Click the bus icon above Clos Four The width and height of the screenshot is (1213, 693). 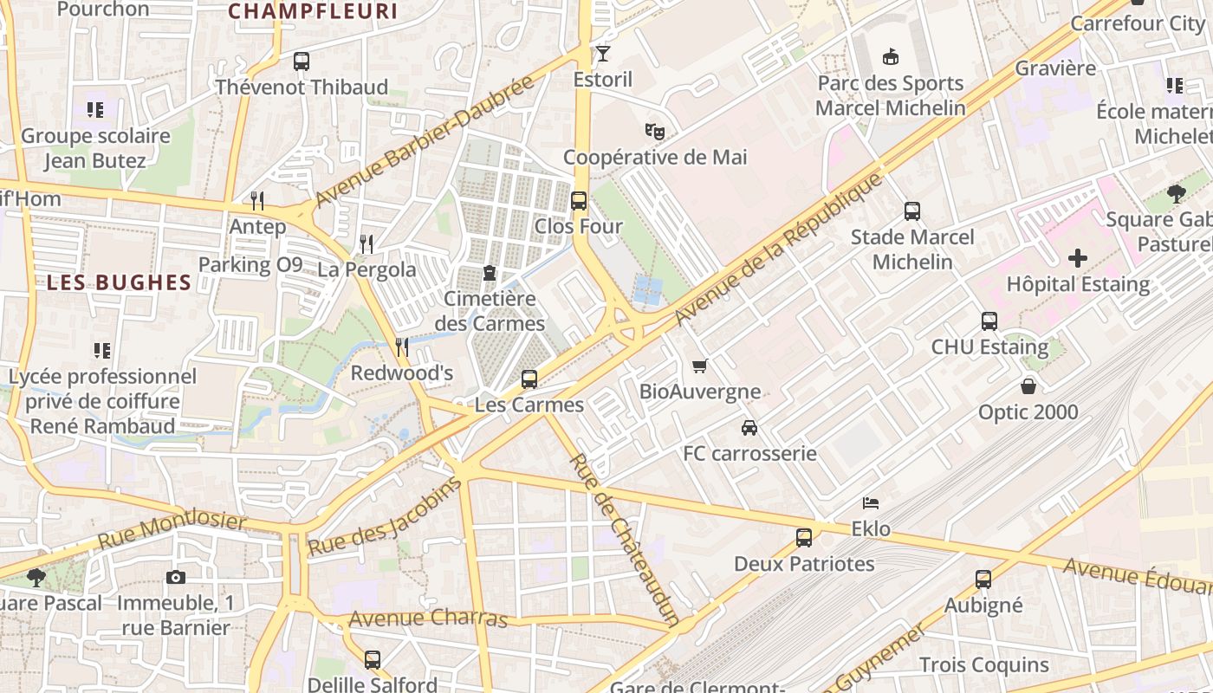[x=579, y=201]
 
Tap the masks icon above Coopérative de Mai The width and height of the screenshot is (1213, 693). [x=655, y=132]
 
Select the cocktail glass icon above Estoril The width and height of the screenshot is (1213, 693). [x=603, y=54]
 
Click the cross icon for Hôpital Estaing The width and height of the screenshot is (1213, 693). [x=1078, y=258]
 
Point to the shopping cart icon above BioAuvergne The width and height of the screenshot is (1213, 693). [x=700, y=366]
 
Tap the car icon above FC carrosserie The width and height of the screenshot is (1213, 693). [x=749, y=428]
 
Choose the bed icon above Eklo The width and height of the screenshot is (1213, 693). [x=871, y=503]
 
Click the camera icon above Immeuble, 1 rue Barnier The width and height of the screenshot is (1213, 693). [x=175, y=578]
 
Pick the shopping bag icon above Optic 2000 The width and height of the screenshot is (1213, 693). [x=1028, y=386]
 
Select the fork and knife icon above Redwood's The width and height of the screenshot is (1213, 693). [x=402, y=347]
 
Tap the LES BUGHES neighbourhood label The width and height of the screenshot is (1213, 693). [x=119, y=282]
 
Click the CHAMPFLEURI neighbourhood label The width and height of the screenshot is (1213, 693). [x=313, y=11]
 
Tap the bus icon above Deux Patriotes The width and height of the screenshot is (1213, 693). [x=804, y=538]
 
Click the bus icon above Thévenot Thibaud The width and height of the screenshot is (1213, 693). [x=302, y=62]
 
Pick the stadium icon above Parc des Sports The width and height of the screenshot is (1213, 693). [x=891, y=57]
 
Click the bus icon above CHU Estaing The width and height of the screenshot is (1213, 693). [x=989, y=321]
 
